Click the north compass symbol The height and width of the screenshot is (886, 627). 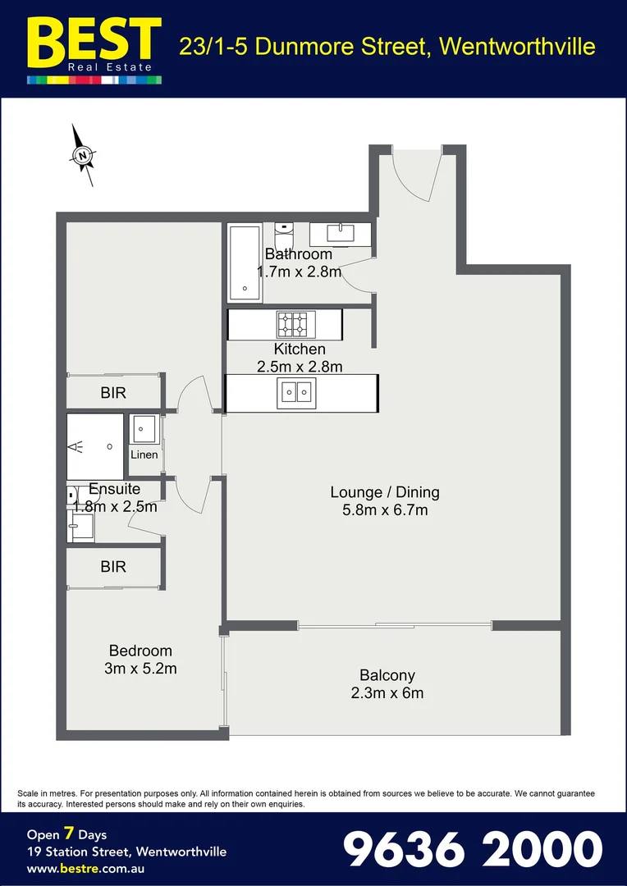coord(83,154)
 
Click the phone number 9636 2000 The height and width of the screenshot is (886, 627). coord(472,849)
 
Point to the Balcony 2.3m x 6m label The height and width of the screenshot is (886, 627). coord(387,684)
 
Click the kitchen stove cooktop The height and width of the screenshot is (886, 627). coord(293,324)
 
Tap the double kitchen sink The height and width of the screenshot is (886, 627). coord(296,393)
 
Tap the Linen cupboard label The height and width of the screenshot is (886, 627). coord(144,454)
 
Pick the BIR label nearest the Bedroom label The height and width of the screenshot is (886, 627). coord(113,567)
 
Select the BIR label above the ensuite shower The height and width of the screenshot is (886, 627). coord(113,393)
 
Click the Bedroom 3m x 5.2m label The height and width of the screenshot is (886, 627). coord(140,660)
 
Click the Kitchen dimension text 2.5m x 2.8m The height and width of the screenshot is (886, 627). coord(300,367)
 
